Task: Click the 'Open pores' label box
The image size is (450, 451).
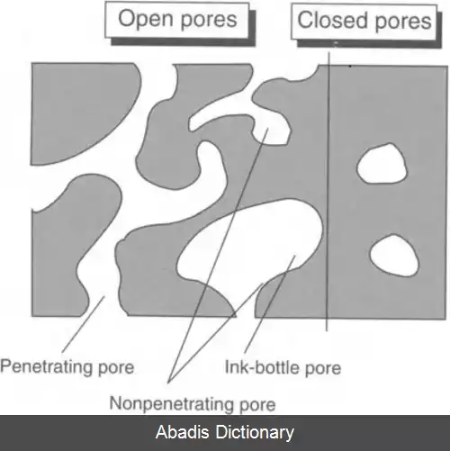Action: pos(177,20)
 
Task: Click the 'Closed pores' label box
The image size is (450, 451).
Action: pos(364,22)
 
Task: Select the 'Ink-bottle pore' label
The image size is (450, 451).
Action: pos(283,367)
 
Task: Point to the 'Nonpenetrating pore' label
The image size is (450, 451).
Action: pos(193,403)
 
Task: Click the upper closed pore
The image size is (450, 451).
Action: pos(382,164)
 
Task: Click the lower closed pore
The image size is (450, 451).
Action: pos(394,256)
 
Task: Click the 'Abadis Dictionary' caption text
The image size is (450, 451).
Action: pos(225,432)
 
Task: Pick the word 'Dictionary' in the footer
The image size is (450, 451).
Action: pos(255,432)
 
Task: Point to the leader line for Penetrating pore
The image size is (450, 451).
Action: pos(83,324)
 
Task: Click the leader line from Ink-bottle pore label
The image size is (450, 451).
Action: pos(270,304)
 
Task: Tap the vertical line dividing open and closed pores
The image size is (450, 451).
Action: pos(328,192)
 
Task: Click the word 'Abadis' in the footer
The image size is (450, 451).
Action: pos(182,432)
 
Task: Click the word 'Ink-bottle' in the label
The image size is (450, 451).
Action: pos(262,366)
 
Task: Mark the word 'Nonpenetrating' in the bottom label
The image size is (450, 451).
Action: pos(171,403)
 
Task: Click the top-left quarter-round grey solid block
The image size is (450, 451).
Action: pos(79,108)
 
